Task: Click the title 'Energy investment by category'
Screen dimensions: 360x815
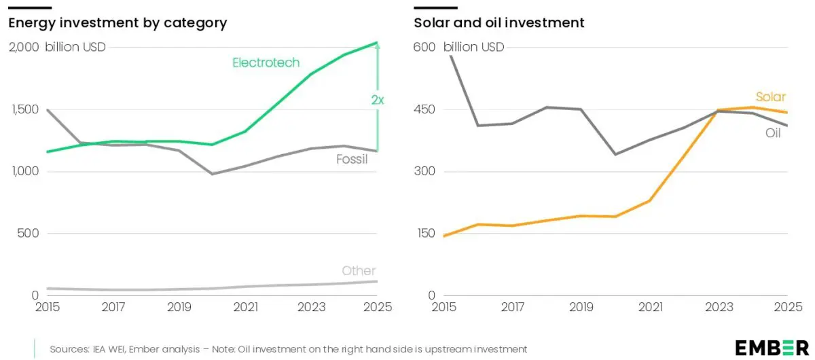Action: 117,22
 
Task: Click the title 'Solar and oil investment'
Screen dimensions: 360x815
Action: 499,22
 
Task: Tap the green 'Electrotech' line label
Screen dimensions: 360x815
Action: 266,62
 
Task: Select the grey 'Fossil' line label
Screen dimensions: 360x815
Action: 352,160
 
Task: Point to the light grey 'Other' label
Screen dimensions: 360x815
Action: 359,270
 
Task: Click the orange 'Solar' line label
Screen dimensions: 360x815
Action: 771,97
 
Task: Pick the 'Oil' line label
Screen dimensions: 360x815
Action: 773,133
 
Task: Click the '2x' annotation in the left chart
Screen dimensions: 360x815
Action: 378,100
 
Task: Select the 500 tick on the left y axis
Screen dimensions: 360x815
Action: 28,233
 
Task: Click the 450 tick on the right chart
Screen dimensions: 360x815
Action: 425,109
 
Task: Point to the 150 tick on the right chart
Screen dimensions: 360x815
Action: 425,233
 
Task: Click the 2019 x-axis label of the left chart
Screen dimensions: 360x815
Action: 179,306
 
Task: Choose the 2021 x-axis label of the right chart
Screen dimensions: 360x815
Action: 650,306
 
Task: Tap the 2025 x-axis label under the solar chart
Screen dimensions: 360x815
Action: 788,306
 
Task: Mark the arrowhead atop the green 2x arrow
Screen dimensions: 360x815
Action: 378,46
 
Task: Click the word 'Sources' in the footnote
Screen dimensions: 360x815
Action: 69,348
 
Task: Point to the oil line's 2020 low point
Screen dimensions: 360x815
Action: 615,154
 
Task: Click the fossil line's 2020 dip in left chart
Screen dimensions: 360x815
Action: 212,174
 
